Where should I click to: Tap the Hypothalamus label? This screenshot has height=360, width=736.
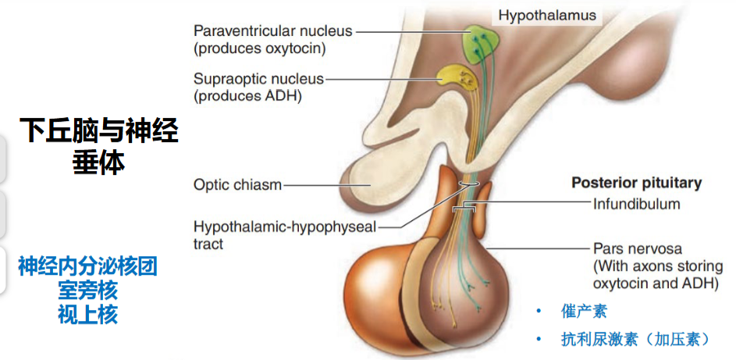[x=547, y=16]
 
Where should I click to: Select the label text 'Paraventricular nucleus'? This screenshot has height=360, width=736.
[x=272, y=31]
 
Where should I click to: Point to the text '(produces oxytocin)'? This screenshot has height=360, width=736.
[x=260, y=48]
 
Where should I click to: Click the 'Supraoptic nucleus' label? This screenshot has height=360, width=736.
[x=258, y=78]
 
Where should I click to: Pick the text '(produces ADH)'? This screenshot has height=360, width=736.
[x=247, y=96]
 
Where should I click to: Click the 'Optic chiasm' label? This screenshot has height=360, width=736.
[x=237, y=185]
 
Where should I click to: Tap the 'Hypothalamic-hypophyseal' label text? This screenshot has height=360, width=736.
[x=285, y=227]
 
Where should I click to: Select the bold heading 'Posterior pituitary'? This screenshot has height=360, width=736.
[x=637, y=183]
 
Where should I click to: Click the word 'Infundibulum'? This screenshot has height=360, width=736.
[x=637, y=204]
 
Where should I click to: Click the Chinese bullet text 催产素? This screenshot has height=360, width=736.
[x=584, y=311]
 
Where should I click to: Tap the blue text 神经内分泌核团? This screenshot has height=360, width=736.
[x=87, y=266]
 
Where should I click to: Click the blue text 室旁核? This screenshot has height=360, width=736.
[x=87, y=290]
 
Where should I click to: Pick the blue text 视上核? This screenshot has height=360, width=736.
[x=87, y=315]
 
